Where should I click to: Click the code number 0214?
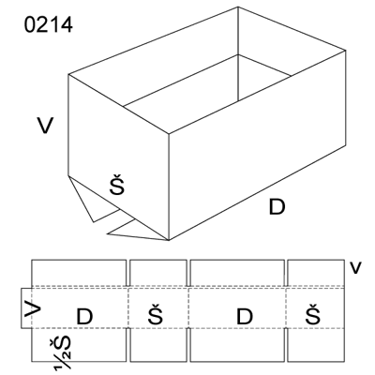click(49, 25)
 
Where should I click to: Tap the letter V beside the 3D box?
click(45, 126)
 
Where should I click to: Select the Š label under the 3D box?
click(117, 186)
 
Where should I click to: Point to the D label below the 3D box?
click(277, 207)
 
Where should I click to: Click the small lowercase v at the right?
click(355, 268)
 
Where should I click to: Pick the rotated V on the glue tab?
click(33, 309)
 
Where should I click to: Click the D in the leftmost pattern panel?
click(84, 317)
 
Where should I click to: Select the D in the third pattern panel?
click(245, 317)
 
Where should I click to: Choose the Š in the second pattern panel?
click(156, 314)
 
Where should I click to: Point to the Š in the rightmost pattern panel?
click(313, 314)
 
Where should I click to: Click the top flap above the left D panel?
click(79, 273)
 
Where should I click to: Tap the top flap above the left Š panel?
click(158, 273)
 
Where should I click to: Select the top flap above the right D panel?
click(237, 273)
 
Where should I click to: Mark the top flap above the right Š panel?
click(316, 273)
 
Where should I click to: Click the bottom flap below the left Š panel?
click(158, 345)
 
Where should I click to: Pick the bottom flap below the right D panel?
click(237, 345)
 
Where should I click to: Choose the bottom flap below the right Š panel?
click(316, 345)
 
